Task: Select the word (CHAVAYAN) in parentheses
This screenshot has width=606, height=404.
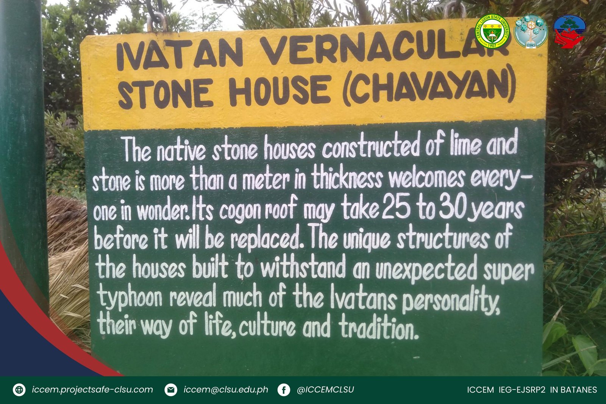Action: click(428, 86)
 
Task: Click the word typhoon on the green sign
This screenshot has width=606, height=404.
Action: click(130, 298)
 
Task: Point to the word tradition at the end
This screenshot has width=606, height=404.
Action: click(378, 328)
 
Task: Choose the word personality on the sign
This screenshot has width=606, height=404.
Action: click(451, 301)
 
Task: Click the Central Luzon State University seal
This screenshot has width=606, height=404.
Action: click(492, 31)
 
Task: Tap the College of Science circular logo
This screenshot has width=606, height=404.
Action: click(531, 31)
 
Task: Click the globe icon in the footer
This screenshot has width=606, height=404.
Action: click(19, 390)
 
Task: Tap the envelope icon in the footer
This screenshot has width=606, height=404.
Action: click(171, 390)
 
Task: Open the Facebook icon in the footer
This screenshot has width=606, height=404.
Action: click(284, 390)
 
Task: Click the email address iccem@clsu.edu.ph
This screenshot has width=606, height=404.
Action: click(226, 390)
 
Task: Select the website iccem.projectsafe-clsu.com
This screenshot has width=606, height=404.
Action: click(92, 390)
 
